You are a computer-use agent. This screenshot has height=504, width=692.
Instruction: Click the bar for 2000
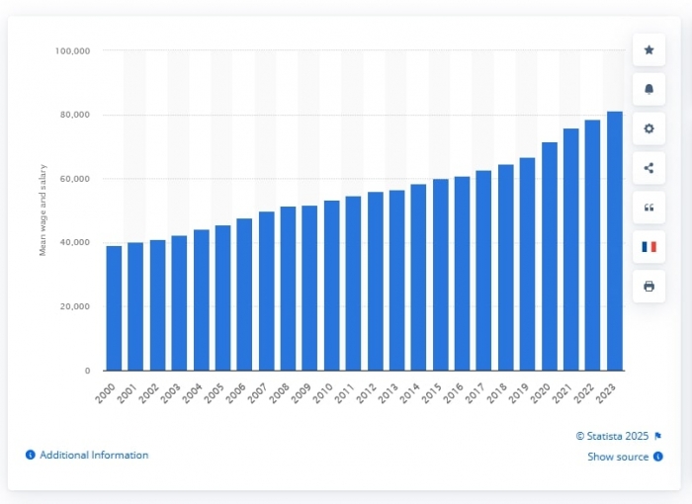pyautogui.click(x=114, y=308)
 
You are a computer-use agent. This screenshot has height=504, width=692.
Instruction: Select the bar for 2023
pyautogui.click(x=614, y=241)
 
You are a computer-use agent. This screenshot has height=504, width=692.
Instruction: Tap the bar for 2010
pyautogui.click(x=331, y=286)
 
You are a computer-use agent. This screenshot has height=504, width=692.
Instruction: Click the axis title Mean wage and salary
pyautogui.click(x=43, y=210)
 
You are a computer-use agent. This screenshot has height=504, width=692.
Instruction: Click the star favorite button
pyautogui.click(x=649, y=49)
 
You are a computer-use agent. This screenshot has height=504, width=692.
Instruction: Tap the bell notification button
pyautogui.click(x=649, y=89)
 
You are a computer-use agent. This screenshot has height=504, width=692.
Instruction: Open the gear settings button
pyautogui.click(x=649, y=128)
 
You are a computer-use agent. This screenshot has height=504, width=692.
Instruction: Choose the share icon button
pyautogui.click(x=649, y=168)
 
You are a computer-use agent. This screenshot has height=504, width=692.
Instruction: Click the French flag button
pyautogui.click(x=649, y=246)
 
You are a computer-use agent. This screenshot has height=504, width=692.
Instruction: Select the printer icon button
pyautogui.click(x=649, y=286)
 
